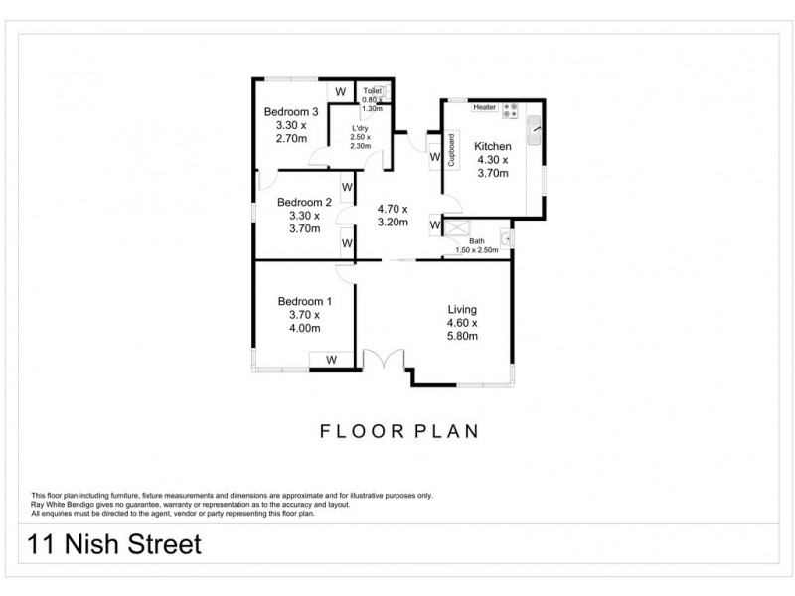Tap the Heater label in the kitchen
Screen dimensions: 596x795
(484, 107)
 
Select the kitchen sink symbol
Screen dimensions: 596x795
(534, 128)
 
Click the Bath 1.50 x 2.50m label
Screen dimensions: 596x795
(476, 244)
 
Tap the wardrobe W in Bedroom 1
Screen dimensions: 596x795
(331, 359)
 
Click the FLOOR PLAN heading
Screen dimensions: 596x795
(397, 431)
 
